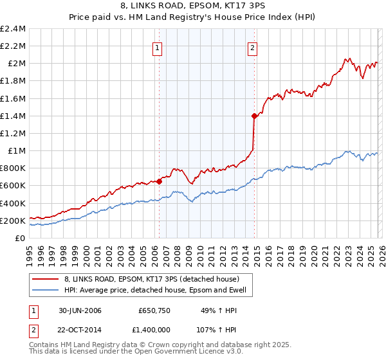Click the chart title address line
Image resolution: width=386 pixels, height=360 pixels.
[x=192, y=6]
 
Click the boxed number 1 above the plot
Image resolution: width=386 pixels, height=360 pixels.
[x=158, y=47]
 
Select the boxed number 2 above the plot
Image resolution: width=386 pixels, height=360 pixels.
[x=252, y=47]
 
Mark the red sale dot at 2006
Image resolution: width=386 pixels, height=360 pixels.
[x=160, y=181]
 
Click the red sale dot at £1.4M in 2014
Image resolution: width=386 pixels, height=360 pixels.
[x=254, y=116]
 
